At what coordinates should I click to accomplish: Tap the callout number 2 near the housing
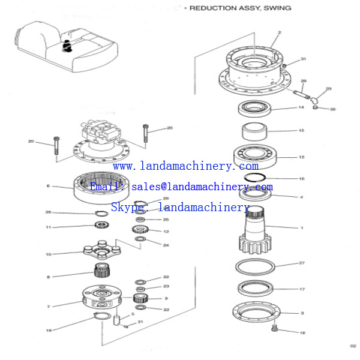(280, 32)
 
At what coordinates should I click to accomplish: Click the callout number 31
(303, 59)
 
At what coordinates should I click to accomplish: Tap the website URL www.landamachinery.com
(185, 166)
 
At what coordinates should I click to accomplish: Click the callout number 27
(302, 263)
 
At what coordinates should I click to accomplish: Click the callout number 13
(301, 157)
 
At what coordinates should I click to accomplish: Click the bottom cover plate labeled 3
(256, 313)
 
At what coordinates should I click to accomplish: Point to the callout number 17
(301, 289)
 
